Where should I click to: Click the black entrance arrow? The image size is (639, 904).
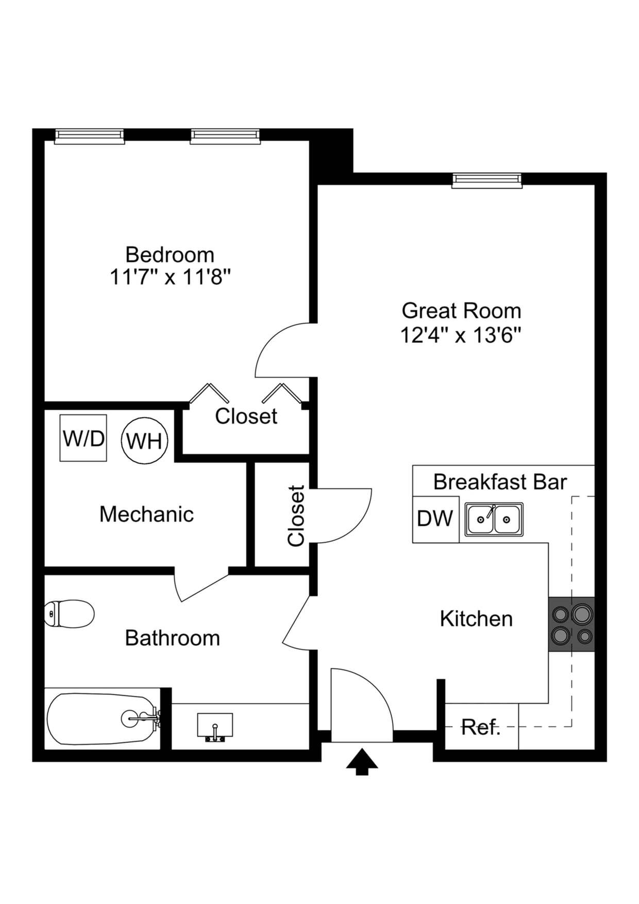[362, 762]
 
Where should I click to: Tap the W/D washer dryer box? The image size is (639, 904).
[83, 438]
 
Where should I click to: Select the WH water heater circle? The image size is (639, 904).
[144, 441]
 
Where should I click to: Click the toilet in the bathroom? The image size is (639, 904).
[70, 613]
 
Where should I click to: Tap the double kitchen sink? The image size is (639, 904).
[494, 520]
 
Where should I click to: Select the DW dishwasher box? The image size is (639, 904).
[435, 519]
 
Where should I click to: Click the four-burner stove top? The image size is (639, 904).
[571, 624]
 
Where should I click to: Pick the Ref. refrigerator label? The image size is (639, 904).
[480, 727]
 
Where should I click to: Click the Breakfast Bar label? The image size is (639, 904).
[499, 482]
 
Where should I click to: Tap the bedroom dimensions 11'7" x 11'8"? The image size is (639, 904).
[170, 277]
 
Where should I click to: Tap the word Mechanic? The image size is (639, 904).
[146, 514]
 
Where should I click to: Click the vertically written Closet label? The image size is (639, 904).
[296, 515]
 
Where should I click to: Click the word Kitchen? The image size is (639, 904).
[476, 618]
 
